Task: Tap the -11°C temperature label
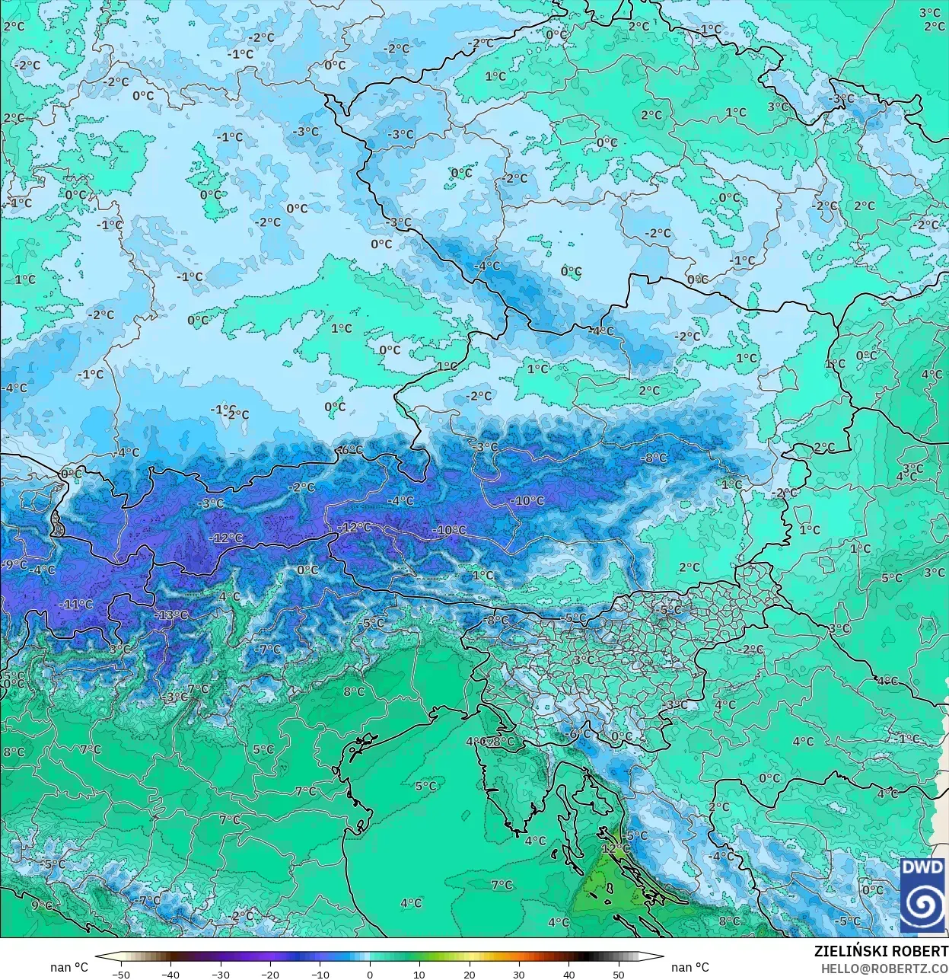coord(76,604)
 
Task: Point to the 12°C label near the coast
coord(615,848)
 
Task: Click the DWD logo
coord(922,895)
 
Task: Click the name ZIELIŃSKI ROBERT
coord(881,951)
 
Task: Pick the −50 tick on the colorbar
coord(121,973)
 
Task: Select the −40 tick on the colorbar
coord(170,973)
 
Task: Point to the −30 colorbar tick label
coord(221,973)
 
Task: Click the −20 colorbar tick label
coord(270,973)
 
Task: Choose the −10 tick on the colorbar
coord(320,973)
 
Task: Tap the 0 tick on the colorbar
coord(370,973)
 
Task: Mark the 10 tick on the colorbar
coord(419,973)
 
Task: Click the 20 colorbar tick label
coord(470,973)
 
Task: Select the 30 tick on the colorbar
coord(519,973)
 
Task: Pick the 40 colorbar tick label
coord(569,973)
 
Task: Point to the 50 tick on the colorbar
coord(619,973)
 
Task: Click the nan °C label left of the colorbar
coord(69,967)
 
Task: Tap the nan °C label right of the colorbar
coord(689,967)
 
